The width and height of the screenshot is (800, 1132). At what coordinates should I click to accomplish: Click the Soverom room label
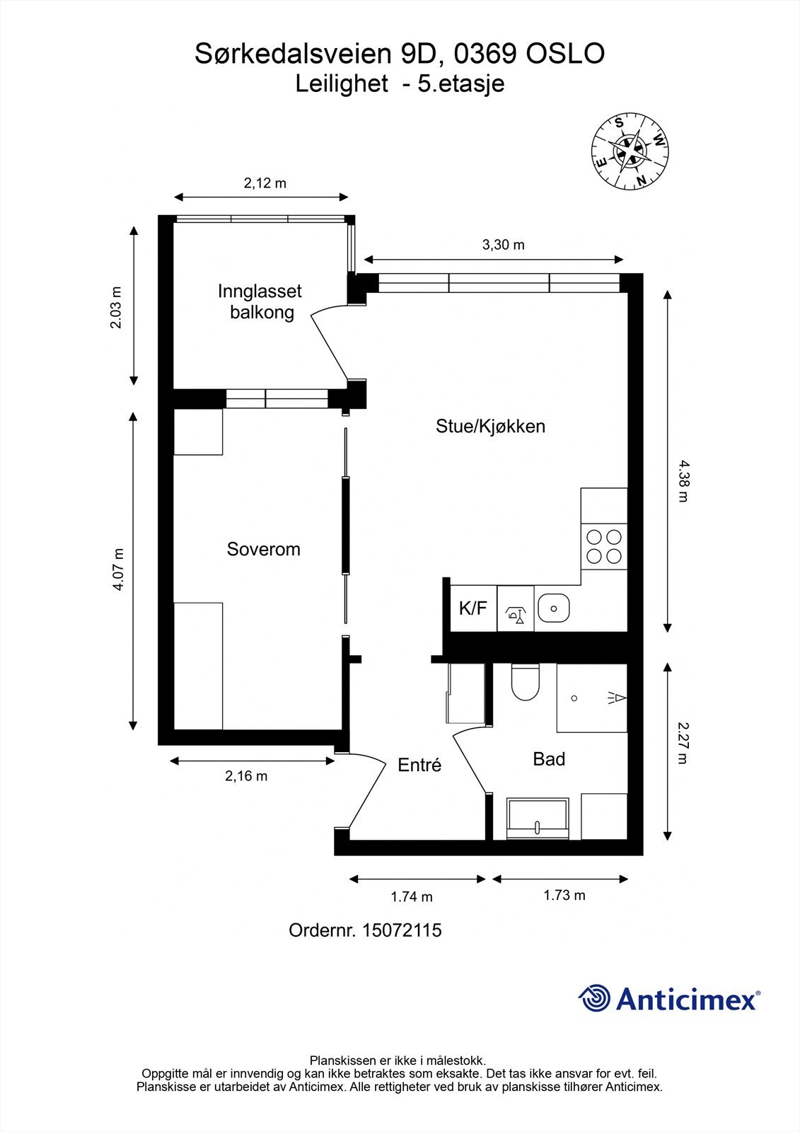click(x=263, y=549)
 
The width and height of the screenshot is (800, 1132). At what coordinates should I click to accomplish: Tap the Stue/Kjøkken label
click(x=490, y=427)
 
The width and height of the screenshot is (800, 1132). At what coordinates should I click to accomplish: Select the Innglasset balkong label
click(x=260, y=301)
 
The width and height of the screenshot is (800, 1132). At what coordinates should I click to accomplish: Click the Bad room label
click(x=549, y=759)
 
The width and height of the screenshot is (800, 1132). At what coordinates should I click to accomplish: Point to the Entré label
click(x=419, y=765)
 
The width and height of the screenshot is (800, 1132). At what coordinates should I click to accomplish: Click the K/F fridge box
click(x=473, y=608)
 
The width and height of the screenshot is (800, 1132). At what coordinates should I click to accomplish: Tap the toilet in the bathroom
click(x=525, y=683)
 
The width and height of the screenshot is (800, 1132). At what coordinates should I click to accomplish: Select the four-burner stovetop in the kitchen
click(x=604, y=546)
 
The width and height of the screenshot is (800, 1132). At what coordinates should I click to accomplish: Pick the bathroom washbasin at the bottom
click(x=538, y=818)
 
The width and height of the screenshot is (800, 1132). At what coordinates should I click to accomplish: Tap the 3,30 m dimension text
click(x=503, y=245)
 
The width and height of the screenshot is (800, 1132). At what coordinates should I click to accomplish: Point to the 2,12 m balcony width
click(x=265, y=183)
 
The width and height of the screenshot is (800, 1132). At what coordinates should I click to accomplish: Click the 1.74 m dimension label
click(x=412, y=896)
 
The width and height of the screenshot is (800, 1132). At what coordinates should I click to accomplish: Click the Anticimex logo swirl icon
click(x=594, y=998)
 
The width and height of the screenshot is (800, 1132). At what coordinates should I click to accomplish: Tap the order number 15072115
click(x=401, y=930)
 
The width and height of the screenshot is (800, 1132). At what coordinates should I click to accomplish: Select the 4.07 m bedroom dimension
click(x=117, y=570)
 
